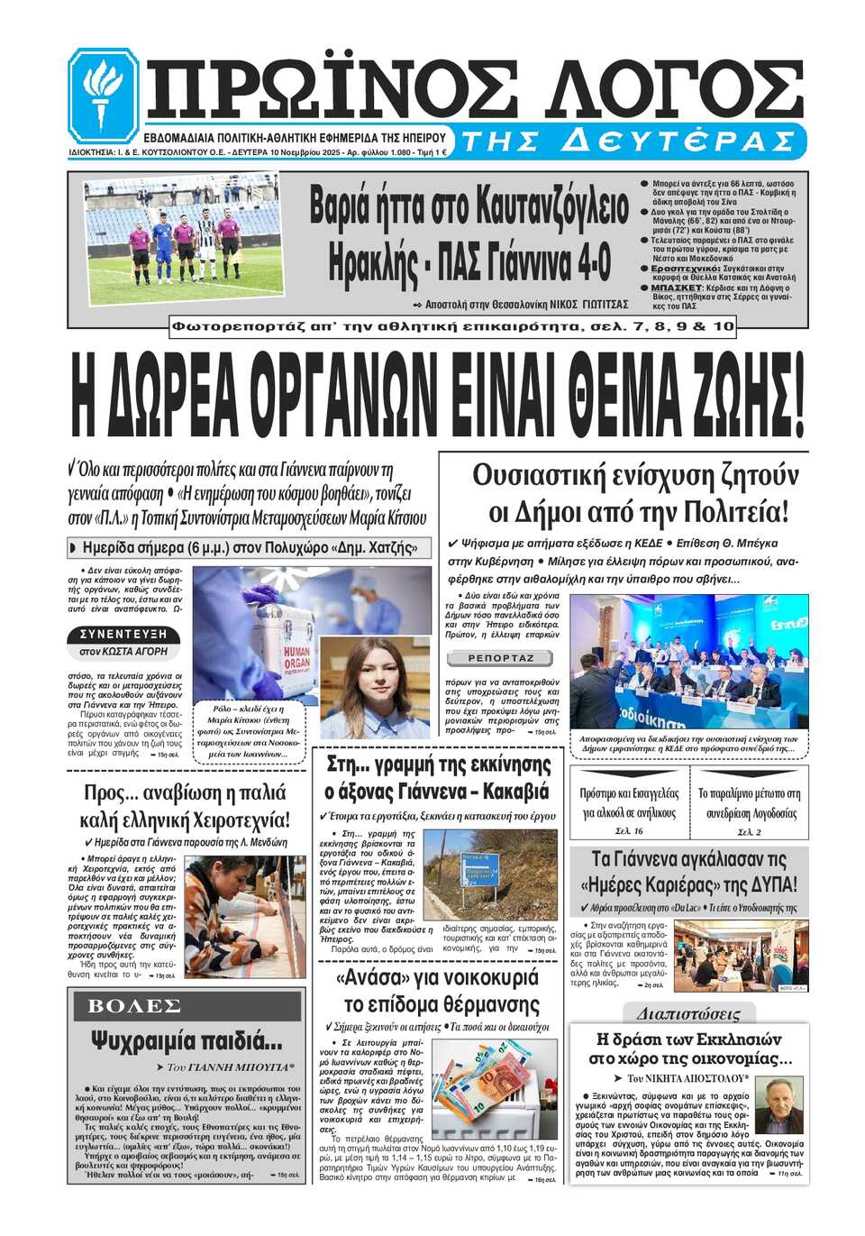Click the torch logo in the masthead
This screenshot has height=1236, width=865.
click(104, 93)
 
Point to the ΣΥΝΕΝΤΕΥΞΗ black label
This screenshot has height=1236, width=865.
click(123, 634)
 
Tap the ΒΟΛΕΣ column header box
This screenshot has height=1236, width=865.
click(134, 1006)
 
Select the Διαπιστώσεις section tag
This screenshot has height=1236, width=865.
click(687, 1013)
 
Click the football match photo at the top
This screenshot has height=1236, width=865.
click(184, 238)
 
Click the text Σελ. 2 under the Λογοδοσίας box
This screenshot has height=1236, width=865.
click(749, 831)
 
